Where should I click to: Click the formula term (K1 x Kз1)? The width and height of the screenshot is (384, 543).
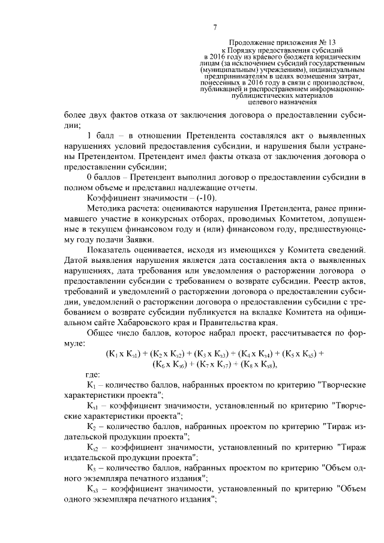(x=126, y=354)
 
